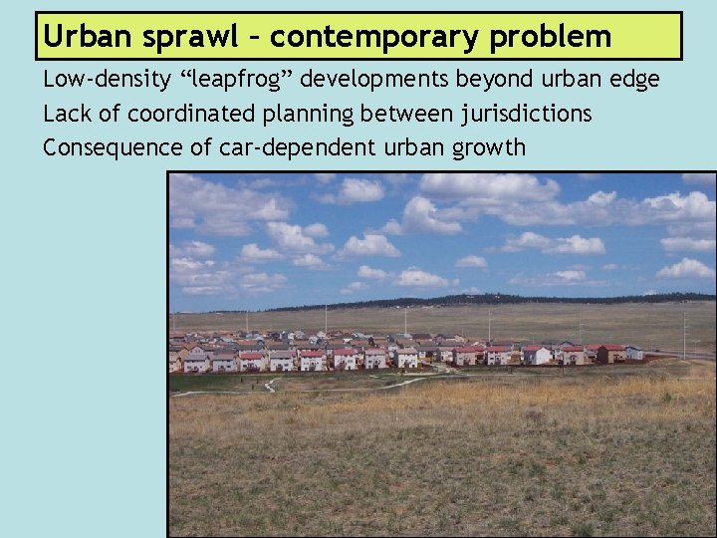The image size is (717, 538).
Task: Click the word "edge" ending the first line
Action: (633, 80)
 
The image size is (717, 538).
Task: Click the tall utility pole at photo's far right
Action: (684, 333)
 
